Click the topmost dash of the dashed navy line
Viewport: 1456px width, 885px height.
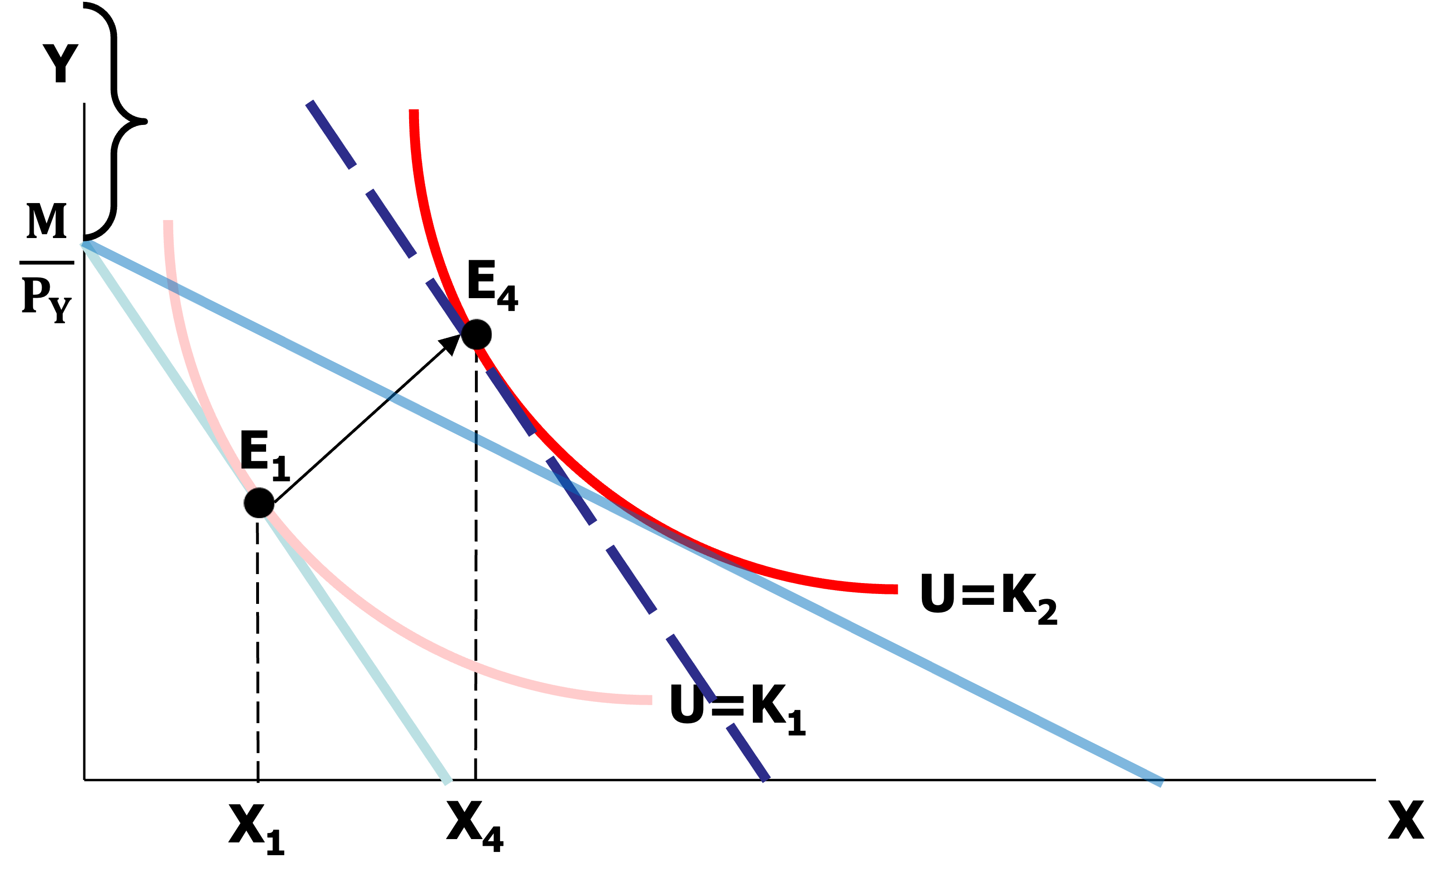coord(331,134)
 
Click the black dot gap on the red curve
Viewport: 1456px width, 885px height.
coord(474,335)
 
